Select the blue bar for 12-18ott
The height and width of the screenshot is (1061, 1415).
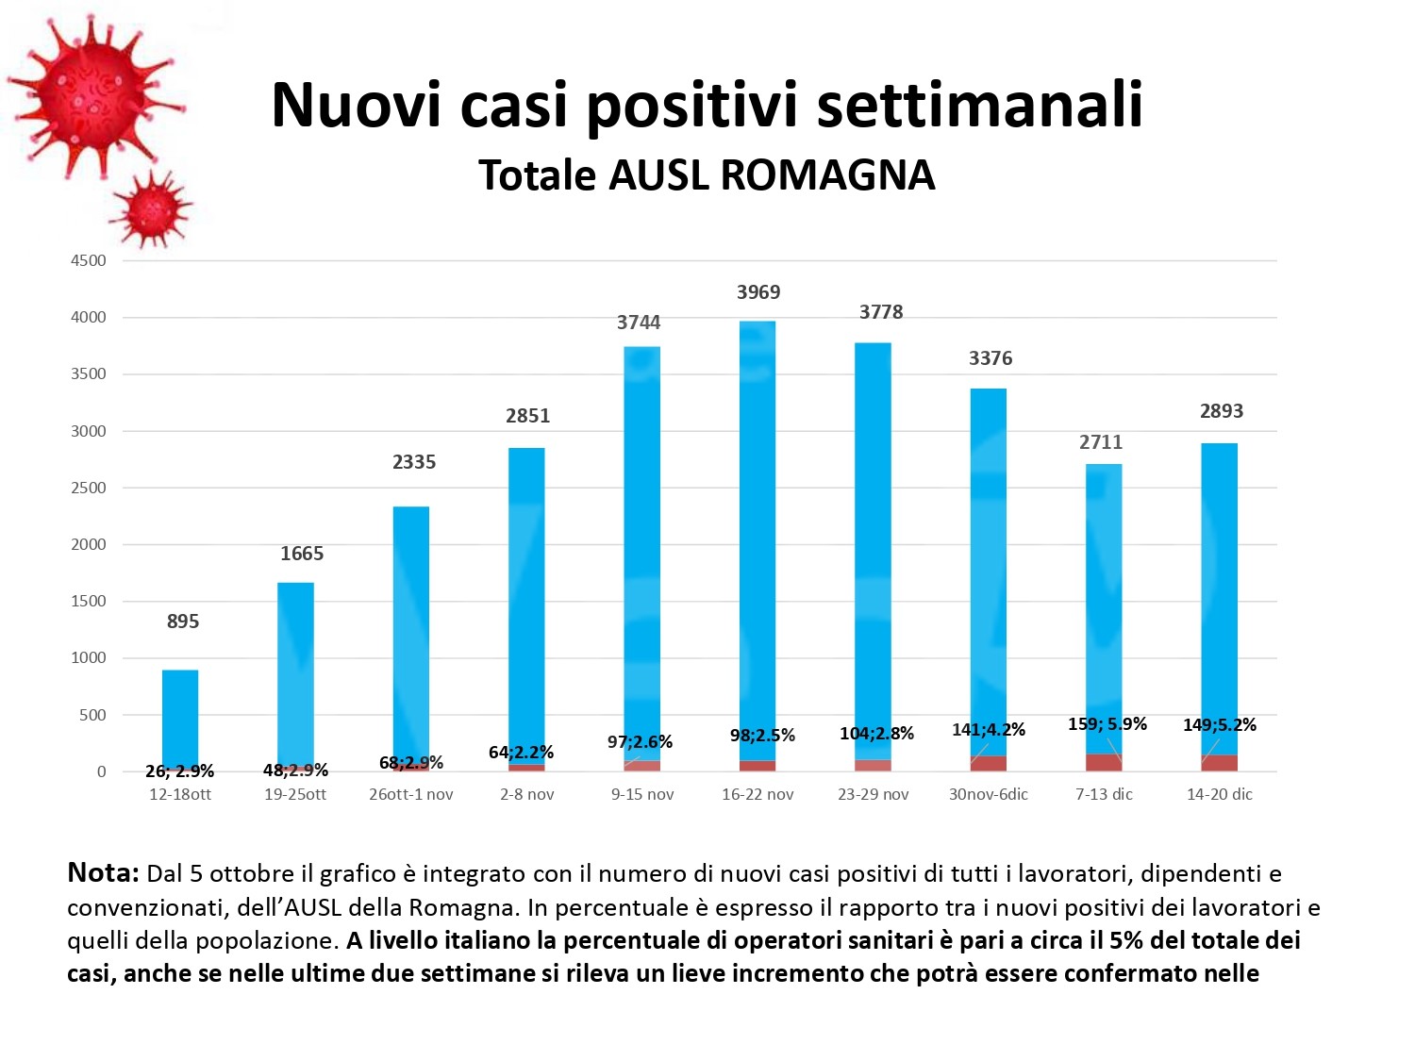(180, 717)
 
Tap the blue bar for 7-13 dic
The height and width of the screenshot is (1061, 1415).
(1104, 604)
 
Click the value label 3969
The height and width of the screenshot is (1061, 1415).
(758, 292)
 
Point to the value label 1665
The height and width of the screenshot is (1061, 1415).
(302, 554)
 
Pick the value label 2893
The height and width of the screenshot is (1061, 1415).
(1222, 411)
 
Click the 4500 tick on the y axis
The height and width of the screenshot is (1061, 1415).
(89, 260)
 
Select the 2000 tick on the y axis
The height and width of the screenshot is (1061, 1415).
(89, 544)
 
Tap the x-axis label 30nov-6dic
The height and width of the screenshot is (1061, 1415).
(989, 794)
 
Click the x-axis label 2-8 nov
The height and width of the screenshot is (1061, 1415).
(527, 794)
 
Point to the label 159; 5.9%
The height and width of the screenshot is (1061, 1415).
(1107, 724)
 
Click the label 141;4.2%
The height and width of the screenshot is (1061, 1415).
(989, 730)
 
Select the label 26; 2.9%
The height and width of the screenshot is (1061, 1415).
(180, 771)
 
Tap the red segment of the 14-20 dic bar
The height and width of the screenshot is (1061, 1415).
(1220, 763)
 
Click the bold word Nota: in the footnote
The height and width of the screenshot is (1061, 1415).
(103, 873)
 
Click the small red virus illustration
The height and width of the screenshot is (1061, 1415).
(151, 209)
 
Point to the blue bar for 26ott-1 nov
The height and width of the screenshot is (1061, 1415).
(411, 632)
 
